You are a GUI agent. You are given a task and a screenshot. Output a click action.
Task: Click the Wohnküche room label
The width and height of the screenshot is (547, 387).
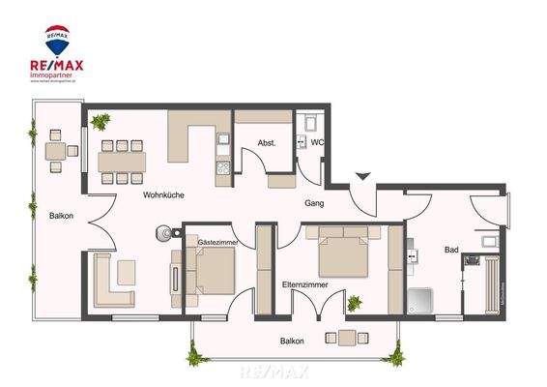point(163,194)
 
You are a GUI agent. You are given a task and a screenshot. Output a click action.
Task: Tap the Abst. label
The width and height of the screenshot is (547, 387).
point(267,143)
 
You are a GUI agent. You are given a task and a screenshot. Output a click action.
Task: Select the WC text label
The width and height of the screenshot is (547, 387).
point(317,143)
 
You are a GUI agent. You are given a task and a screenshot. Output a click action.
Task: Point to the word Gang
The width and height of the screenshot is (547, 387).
point(314,204)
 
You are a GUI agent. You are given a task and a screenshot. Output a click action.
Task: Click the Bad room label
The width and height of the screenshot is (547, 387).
point(451,250)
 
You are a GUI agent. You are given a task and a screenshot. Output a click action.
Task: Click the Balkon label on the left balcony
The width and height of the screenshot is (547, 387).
point(62,216)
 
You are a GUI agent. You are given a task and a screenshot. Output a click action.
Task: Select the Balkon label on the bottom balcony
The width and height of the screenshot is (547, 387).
point(293,341)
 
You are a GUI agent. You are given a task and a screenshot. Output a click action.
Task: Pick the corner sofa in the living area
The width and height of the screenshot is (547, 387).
point(114,281)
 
